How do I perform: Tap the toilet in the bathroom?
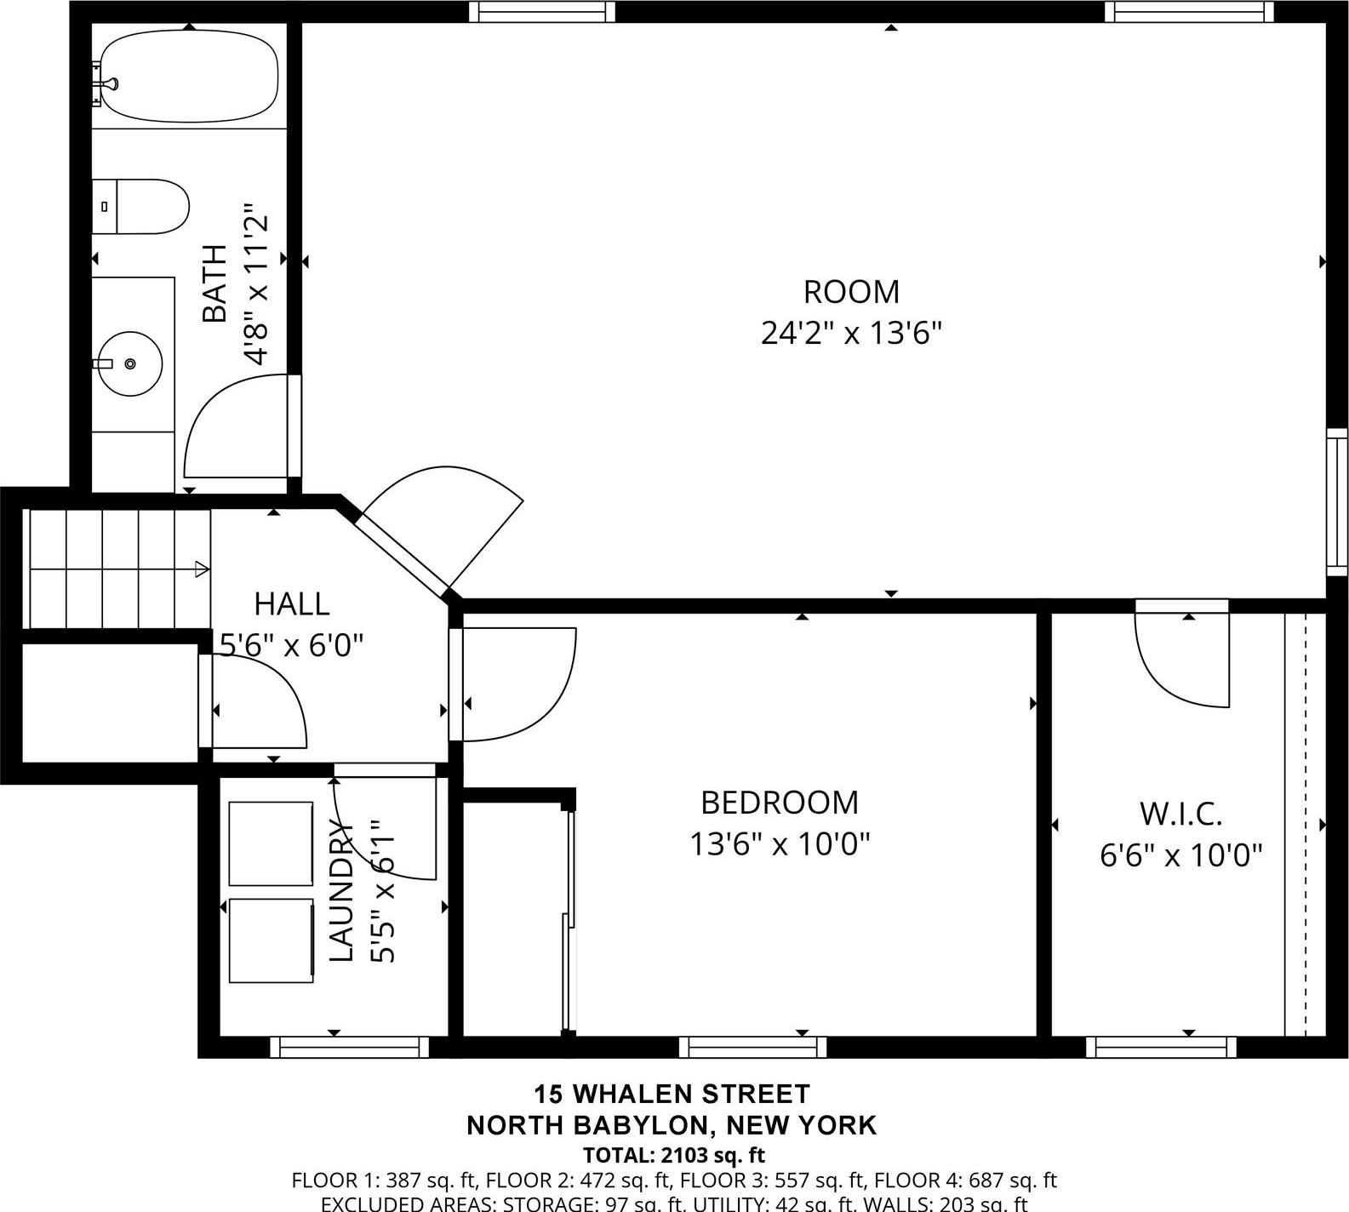(x=141, y=207)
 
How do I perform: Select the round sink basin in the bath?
(x=130, y=363)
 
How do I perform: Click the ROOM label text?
(x=851, y=292)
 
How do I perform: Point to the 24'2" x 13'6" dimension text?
(x=851, y=333)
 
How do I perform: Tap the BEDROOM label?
(x=780, y=803)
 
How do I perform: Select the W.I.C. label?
(x=1180, y=815)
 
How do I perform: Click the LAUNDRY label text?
(x=341, y=891)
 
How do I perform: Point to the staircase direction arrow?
(x=202, y=569)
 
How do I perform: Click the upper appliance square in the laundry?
(x=271, y=843)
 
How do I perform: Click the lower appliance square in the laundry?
(x=271, y=940)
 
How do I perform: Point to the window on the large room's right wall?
(x=1336, y=502)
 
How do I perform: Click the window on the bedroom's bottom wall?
(x=752, y=1047)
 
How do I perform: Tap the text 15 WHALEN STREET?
(x=672, y=1093)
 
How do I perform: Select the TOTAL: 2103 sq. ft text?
(x=673, y=1156)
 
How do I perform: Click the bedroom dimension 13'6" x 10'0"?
(x=780, y=845)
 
